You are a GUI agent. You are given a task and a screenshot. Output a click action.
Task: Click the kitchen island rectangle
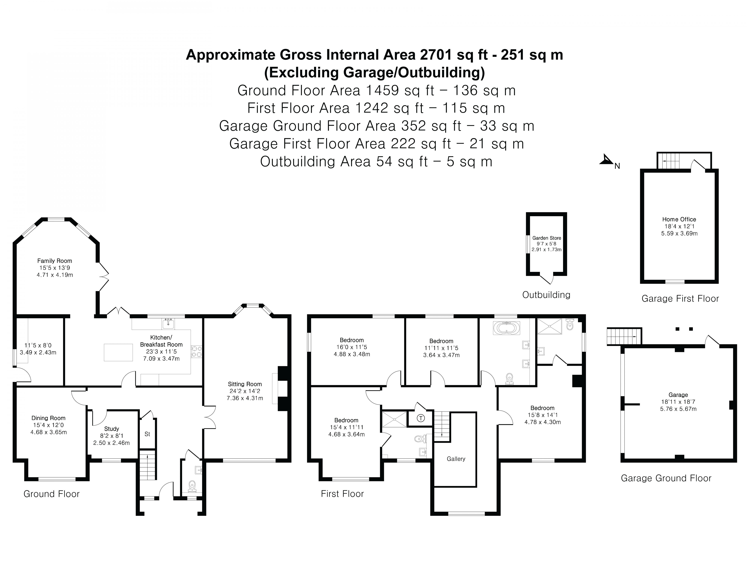point(118,352)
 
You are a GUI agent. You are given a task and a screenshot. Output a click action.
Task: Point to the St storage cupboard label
point(147,434)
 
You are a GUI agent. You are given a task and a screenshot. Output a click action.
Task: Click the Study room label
point(111,429)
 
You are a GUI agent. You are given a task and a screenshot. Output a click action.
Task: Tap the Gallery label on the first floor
point(456,459)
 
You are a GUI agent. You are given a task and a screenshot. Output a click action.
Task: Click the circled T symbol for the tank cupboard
point(420,418)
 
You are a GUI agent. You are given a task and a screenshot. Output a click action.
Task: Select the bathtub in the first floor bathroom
point(506,328)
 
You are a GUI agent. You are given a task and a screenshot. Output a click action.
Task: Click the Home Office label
point(679,219)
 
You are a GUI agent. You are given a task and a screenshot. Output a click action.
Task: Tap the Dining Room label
point(48,418)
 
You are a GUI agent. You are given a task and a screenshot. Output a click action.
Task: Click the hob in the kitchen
point(196,351)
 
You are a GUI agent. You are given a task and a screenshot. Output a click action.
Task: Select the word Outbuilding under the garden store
point(546,295)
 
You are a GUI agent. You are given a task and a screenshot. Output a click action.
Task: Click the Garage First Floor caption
point(680,299)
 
